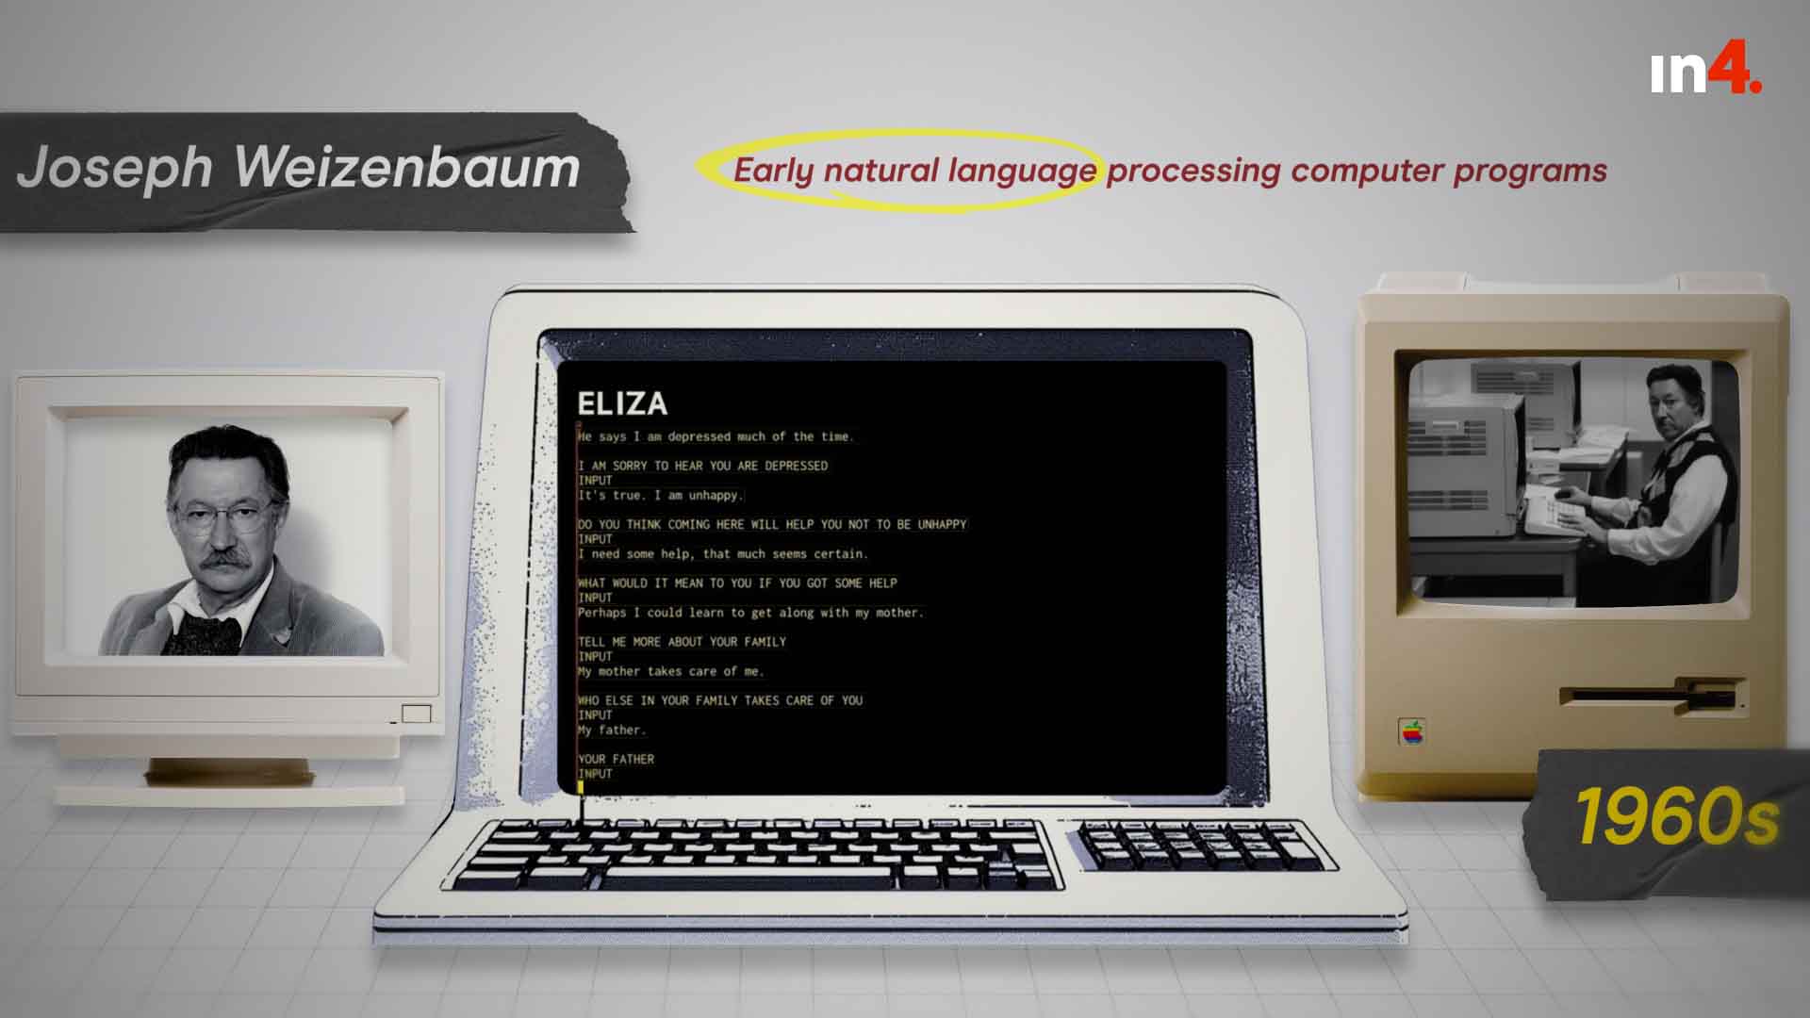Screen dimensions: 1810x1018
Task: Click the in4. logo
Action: pos(1705,73)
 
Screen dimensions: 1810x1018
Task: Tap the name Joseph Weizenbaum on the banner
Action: pos(298,168)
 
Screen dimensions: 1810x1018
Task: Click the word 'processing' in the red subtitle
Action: pos(1193,172)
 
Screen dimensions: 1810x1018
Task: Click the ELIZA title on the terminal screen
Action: pos(622,403)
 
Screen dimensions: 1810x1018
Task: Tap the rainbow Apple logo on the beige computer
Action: pos(1411,732)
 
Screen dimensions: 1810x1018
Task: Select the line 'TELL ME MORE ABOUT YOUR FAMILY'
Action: pos(682,642)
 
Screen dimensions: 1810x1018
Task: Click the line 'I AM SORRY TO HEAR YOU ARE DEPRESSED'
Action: pos(703,466)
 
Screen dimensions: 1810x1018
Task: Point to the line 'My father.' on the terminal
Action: pos(612,731)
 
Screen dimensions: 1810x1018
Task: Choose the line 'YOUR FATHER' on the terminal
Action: pos(616,760)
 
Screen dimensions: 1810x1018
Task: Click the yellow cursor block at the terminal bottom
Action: pos(581,787)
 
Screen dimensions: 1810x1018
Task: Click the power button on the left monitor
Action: pos(416,714)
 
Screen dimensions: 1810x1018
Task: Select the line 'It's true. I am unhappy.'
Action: pos(661,496)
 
